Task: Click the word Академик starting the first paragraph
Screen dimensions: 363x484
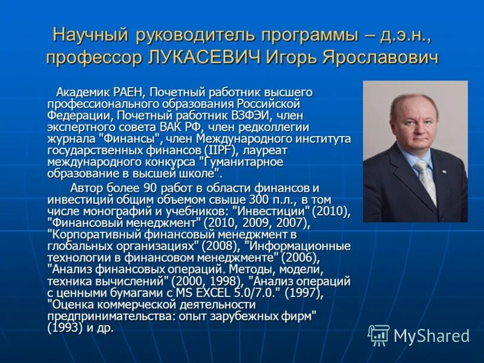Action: coord(82,93)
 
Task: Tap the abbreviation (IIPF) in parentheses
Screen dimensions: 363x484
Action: coord(221,150)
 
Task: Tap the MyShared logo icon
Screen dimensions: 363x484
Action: coord(379,335)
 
